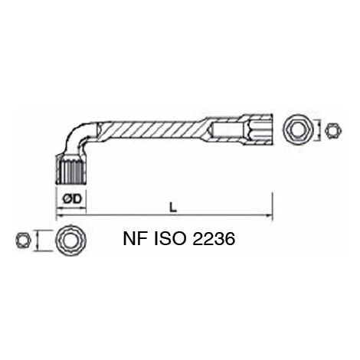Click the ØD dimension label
click(x=72, y=199)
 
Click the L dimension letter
click(x=173, y=207)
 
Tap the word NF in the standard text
click(x=136, y=239)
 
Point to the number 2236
click(x=214, y=239)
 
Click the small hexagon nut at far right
click(x=333, y=130)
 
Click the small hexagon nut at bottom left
click(x=24, y=241)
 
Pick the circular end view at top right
click(x=299, y=129)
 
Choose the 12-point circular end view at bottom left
click(x=71, y=240)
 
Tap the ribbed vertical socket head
click(x=70, y=170)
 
